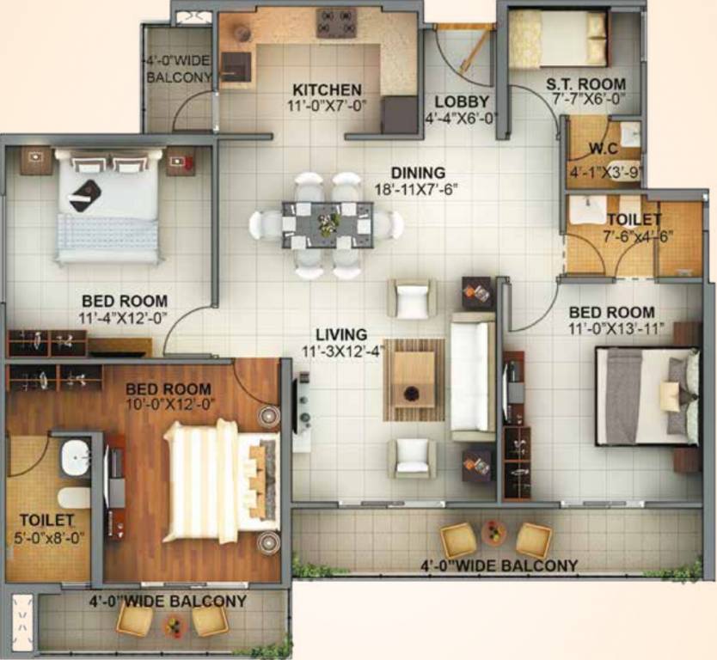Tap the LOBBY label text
click(x=461, y=101)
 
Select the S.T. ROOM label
click(x=586, y=84)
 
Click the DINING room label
click(x=418, y=173)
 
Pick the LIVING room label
click(x=341, y=334)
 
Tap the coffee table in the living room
click(x=414, y=379)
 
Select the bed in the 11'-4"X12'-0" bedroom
click(x=108, y=206)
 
